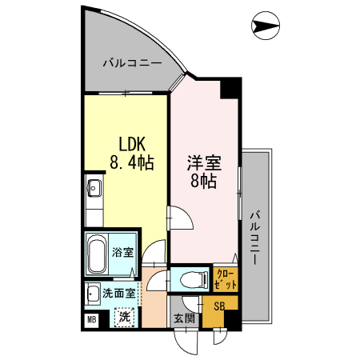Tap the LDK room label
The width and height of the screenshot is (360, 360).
coord(131,145)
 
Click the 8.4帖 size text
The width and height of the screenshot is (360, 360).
coord(131,164)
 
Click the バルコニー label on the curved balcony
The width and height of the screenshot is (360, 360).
coord(133,62)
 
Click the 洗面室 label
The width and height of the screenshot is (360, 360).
coord(118,293)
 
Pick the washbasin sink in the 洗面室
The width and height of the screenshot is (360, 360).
coord(94,293)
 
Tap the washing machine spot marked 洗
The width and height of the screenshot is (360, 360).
coord(125,317)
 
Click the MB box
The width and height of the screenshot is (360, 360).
coord(92,322)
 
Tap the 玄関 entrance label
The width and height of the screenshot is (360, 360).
coord(184,318)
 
